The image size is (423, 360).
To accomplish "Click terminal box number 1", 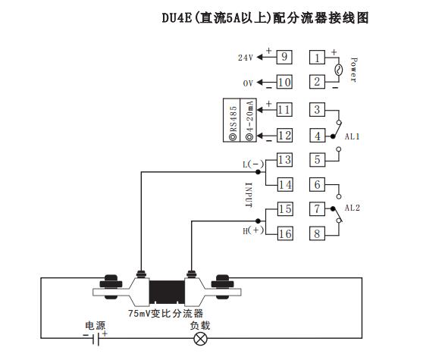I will (x=318, y=58).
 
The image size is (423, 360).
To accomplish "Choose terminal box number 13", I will (x=284, y=160).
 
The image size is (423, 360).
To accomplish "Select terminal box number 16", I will (x=284, y=233).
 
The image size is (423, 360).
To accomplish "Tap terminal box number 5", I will (x=318, y=160).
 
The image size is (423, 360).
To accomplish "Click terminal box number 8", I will (x=318, y=233).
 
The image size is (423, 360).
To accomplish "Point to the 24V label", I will (x=245, y=58).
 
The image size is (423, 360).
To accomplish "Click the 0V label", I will (x=246, y=83).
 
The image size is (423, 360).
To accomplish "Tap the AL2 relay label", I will (x=352, y=208).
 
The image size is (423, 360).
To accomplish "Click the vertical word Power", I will (x=353, y=69).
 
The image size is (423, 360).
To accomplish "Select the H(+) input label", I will (x=250, y=230).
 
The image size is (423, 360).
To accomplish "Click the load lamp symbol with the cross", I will (x=201, y=340).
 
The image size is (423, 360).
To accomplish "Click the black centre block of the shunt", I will (x=166, y=289).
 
